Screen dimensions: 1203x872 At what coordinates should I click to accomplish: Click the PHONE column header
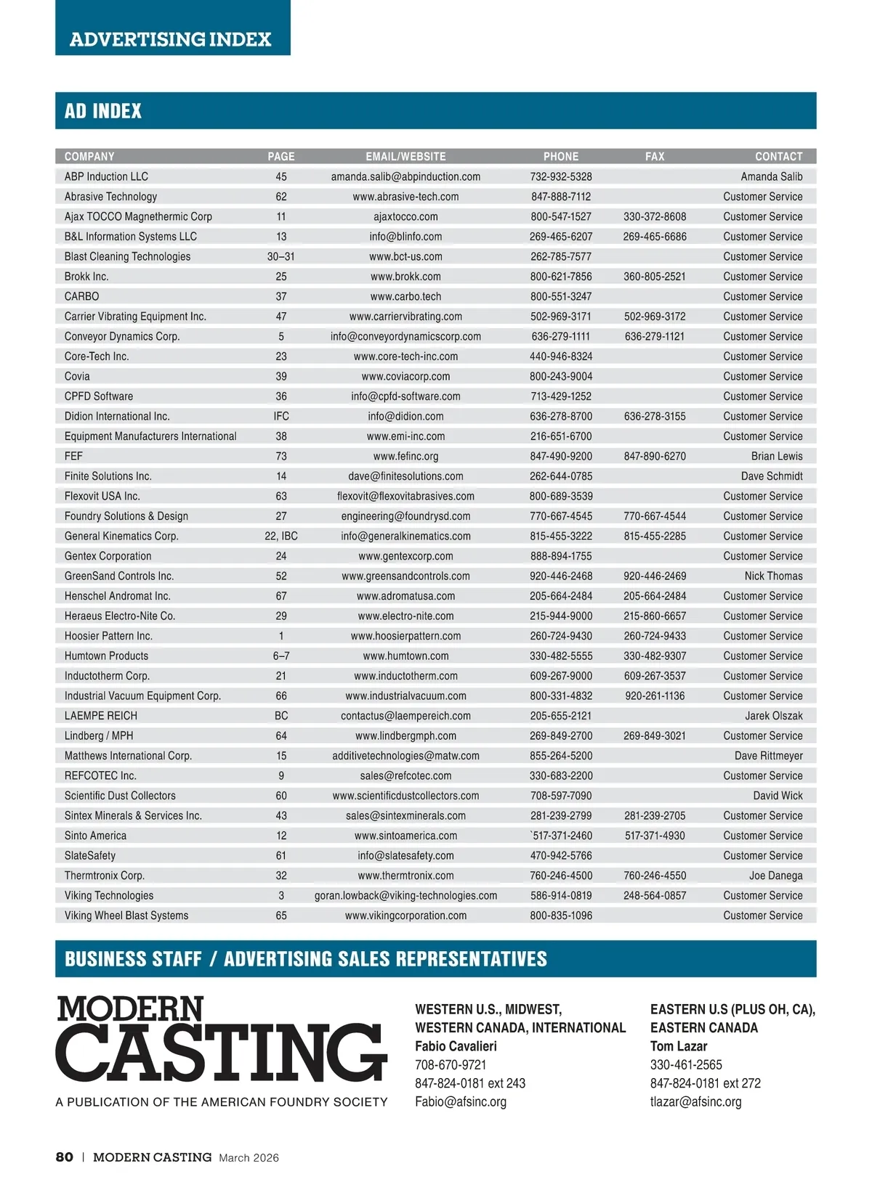pyautogui.click(x=561, y=156)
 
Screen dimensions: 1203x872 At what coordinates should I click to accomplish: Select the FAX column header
pyautogui.click(x=655, y=156)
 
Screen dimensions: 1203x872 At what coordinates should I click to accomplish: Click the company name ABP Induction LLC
pyautogui.click(x=106, y=176)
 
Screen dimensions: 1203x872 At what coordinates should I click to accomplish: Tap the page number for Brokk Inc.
pyautogui.click(x=281, y=277)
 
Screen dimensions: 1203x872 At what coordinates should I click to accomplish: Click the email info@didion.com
pyautogui.click(x=405, y=416)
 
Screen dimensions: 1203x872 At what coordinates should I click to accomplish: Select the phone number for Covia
pyautogui.click(x=561, y=376)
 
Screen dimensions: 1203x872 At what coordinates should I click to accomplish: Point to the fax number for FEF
pyautogui.click(x=655, y=456)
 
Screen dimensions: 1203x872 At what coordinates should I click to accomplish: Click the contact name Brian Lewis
pyautogui.click(x=777, y=456)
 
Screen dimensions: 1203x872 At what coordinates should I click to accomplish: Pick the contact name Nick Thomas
pyautogui.click(x=773, y=576)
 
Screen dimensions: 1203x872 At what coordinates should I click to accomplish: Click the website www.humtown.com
pyautogui.click(x=405, y=656)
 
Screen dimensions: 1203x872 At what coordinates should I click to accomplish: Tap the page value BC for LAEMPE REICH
pyautogui.click(x=281, y=716)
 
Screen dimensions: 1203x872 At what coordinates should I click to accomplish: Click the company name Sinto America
pyautogui.click(x=95, y=836)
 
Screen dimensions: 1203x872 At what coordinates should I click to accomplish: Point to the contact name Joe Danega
pyautogui.click(x=775, y=876)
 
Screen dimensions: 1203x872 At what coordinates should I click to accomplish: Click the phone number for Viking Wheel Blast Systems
pyautogui.click(x=561, y=915)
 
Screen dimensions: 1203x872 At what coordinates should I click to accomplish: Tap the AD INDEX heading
pyautogui.click(x=103, y=111)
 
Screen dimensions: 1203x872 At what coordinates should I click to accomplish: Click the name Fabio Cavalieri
pyautogui.click(x=456, y=1046)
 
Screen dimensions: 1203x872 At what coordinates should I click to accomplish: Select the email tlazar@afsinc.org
pyautogui.click(x=695, y=1101)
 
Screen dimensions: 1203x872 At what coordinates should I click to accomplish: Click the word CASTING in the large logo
pyautogui.click(x=221, y=1052)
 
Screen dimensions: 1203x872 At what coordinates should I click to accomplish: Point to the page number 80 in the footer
pyautogui.click(x=65, y=1157)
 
